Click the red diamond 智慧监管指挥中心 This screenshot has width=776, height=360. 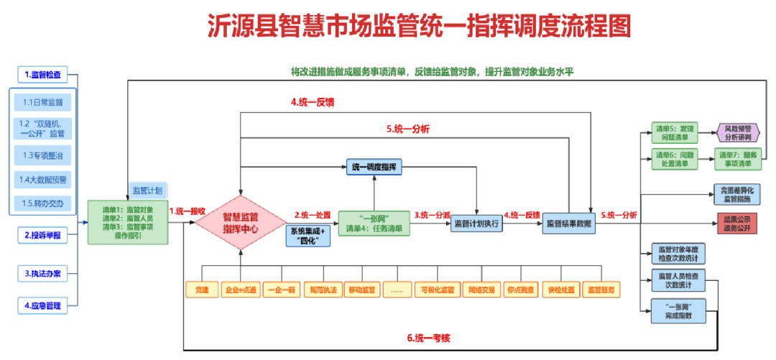pyautogui.click(x=241, y=223)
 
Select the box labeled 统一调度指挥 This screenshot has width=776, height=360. pyautogui.click(x=374, y=167)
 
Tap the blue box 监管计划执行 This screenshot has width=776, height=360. pyautogui.click(x=476, y=223)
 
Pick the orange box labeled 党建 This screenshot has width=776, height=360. pyautogui.click(x=201, y=290)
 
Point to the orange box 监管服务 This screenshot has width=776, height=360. pyautogui.click(x=601, y=290)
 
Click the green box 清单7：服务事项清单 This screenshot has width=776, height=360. pyautogui.click(x=738, y=159)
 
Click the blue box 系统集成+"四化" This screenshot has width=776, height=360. pyautogui.click(x=308, y=236)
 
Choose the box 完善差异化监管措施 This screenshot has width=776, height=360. pyautogui.click(x=737, y=193)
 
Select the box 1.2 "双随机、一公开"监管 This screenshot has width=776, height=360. pyautogui.click(x=42, y=129)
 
